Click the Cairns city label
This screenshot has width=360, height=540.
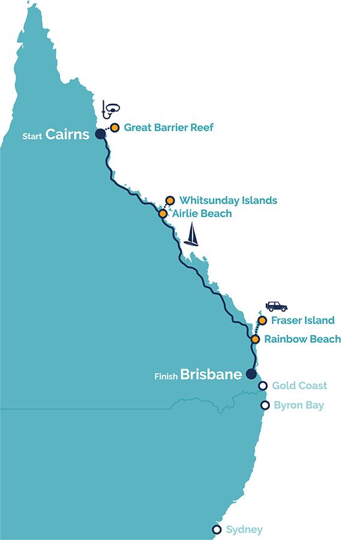67,134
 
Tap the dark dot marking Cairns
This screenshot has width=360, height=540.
100,134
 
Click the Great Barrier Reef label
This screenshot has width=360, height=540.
169,127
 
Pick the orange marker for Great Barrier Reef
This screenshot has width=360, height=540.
114,127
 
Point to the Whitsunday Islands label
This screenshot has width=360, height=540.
228,200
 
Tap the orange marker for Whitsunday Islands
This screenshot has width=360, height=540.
170,200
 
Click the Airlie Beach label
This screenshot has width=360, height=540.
202,213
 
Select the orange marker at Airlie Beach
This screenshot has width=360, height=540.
163,213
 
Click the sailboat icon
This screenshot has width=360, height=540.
191,235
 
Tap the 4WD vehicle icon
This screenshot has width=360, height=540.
277,306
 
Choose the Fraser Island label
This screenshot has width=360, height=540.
302,320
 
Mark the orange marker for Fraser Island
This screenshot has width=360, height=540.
262,320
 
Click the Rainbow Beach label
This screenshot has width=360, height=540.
302,339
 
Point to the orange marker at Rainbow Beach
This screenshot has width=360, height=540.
255,339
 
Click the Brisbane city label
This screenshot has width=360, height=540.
211,375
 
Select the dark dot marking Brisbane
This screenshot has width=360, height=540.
251,374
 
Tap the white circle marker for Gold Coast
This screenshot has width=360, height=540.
262,386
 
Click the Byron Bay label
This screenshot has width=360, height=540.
298,406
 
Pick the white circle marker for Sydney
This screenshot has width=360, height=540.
217,529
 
